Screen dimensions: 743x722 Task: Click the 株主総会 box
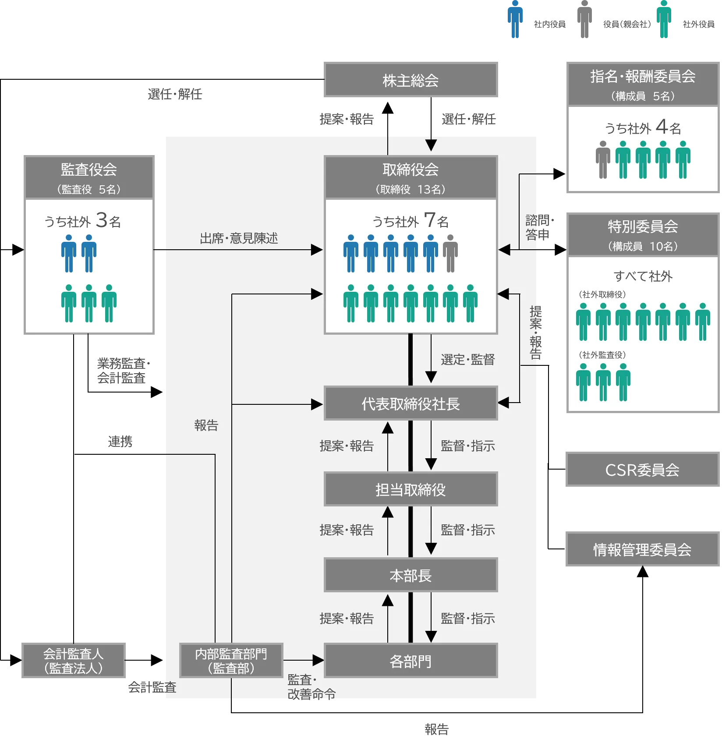pyautogui.click(x=411, y=79)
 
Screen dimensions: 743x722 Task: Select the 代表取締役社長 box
pyautogui.click(x=411, y=403)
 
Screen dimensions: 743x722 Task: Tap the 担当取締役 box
pyautogui.click(x=411, y=489)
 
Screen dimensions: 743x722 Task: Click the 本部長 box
pyautogui.click(x=411, y=575)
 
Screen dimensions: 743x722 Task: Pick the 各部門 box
pyautogui.click(x=411, y=661)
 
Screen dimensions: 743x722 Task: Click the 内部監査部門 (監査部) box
pyautogui.click(x=231, y=661)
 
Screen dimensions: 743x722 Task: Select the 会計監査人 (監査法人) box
pyautogui.click(x=73, y=661)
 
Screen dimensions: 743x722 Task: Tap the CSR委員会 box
pyautogui.click(x=642, y=470)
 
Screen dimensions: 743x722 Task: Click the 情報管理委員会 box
pyautogui.click(x=642, y=549)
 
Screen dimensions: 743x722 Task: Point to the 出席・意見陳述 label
pyautogui.click(x=239, y=238)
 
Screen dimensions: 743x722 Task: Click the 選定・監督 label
pyautogui.click(x=468, y=360)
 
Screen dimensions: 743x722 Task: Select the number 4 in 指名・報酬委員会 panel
pyautogui.click(x=662, y=127)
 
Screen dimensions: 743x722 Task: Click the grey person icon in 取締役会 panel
pyautogui.click(x=450, y=253)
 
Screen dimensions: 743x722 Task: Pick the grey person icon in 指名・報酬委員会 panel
pyautogui.click(x=603, y=160)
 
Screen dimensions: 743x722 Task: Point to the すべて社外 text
pyautogui.click(x=643, y=276)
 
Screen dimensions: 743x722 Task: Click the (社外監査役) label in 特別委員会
pyautogui.click(x=602, y=355)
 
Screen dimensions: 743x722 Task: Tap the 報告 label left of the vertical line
pyautogui.click(x=206, y=425)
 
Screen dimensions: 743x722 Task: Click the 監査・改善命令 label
pyautogui.click(x=311, y=687)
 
